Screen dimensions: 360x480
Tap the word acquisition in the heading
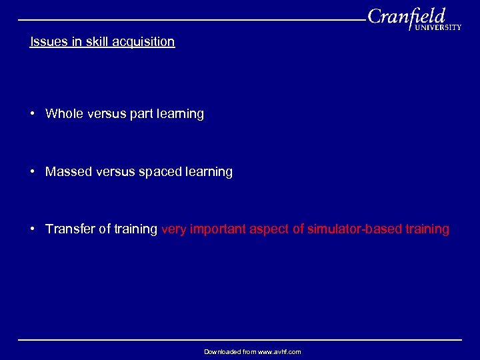click(143, 42)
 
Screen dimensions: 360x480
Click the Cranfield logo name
click(407, 16)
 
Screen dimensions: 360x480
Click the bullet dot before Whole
click(33, 113)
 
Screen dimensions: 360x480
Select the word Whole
click(64, 113)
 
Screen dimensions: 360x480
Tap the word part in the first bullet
click(141, 114)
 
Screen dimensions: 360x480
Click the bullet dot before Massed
click(33, 171)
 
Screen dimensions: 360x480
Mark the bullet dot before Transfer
click(33, 229)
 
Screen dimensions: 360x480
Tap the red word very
click(173, 229)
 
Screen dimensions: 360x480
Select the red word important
click(218, 229)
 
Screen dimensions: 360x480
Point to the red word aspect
click(270, 229)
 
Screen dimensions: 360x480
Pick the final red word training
click(427, 229)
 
